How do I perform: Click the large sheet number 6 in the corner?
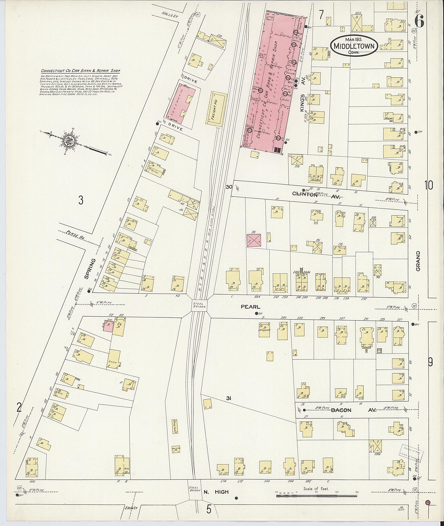click(419, 21)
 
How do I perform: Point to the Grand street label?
click(418, 261)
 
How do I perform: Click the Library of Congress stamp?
click(411, 453)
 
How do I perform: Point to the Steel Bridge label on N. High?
click(195, 489)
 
